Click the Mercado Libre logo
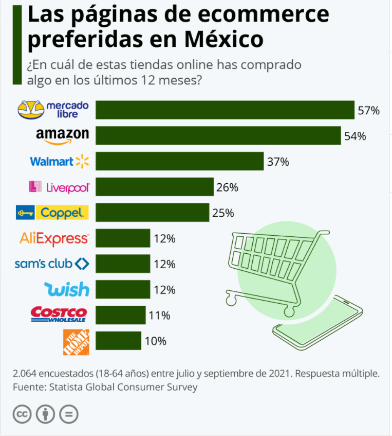53,110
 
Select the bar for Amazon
218,136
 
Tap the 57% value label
369,110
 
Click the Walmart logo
60,162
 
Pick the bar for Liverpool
154,187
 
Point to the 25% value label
223,213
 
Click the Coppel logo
52,213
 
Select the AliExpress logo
54,238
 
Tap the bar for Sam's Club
123,264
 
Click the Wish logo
67,289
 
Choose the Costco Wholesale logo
59,315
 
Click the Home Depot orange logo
76,341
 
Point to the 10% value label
155,341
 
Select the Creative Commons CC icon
22,413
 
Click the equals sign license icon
68,413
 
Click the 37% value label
278,162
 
